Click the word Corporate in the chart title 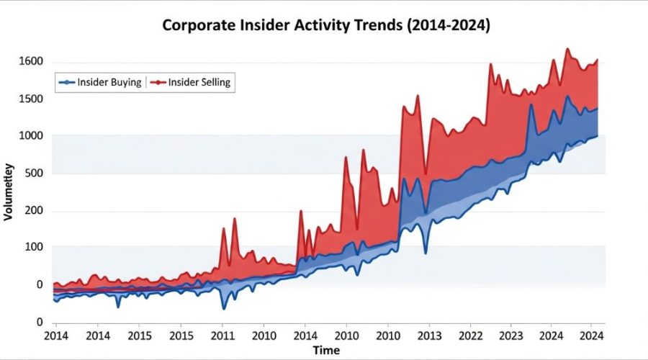[197, 25]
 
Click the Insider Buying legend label [109, 82]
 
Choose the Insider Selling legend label [199, 82]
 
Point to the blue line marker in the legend [67, 82]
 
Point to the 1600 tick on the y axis [31, 62]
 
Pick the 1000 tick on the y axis [31, 136]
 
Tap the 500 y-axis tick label [34, 174]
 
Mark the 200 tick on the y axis [34, 212]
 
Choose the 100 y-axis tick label [34, 247]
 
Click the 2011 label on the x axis [222, 336]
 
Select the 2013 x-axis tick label [430, 336]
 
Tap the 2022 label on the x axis [471, 336]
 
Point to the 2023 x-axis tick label [511, 336]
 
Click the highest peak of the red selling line [567, 49]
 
